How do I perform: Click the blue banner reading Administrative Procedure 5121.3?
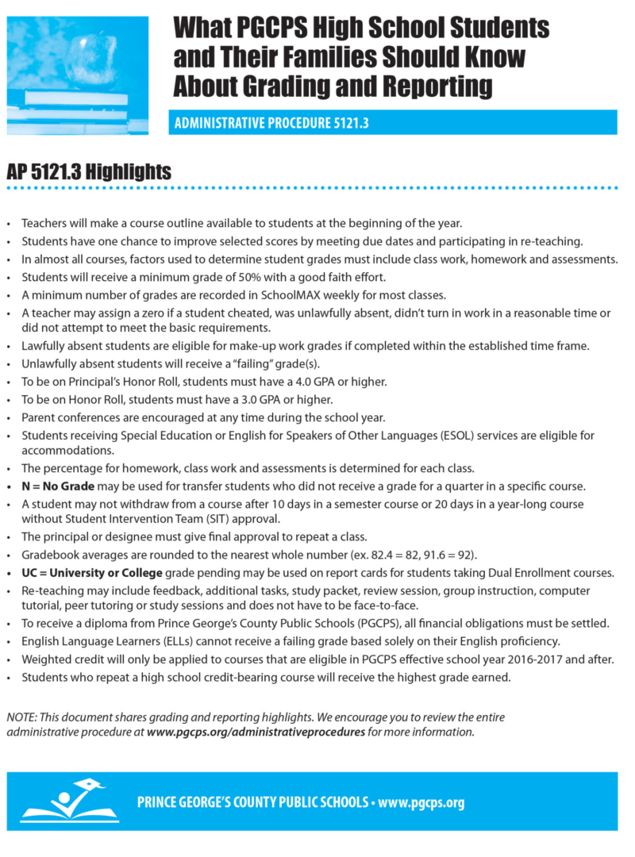pyautogui.click(x=392, y=123)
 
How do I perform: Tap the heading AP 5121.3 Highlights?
pyautogui.click(x=88, y=171)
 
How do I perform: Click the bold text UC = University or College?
pyautogui.click(x=92, y=573)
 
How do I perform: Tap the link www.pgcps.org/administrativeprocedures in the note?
pyautogui.click(x=256, y=732)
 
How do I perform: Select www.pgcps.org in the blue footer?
pyautogui.click(x=421, y=802)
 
